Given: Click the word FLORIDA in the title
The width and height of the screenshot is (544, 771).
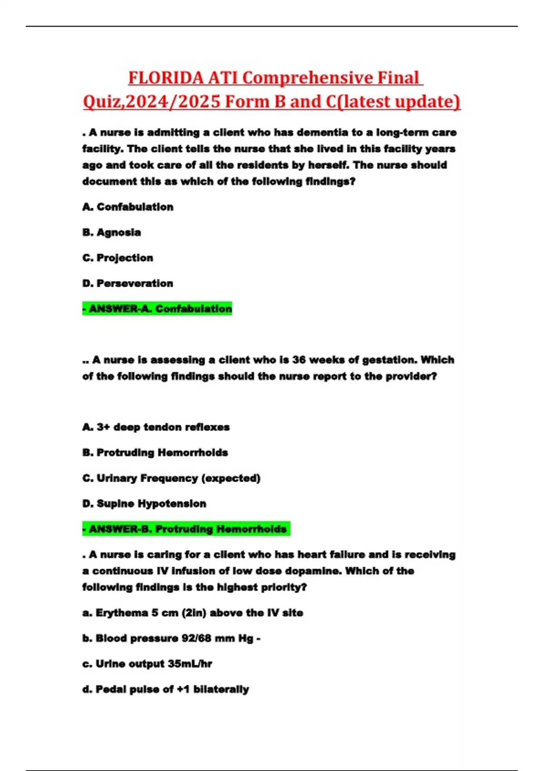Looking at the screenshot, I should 165,78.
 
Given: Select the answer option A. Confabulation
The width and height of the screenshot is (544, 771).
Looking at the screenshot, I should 128,207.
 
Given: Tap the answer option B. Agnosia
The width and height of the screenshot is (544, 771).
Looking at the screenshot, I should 112,232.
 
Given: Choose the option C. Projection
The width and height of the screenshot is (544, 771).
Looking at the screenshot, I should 118,258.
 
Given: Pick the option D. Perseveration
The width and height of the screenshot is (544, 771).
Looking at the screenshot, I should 128,283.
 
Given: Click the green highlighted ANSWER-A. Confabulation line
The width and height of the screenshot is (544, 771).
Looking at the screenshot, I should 157,309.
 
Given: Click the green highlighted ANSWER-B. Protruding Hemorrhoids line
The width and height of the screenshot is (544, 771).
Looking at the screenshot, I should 186,529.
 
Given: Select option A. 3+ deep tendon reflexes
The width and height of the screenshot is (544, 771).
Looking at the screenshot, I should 156,427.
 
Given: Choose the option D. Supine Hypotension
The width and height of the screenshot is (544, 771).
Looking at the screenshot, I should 144,503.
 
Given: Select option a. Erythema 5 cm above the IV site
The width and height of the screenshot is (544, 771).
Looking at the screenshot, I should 193,613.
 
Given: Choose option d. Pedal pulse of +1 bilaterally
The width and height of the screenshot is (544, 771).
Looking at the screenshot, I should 165,689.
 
